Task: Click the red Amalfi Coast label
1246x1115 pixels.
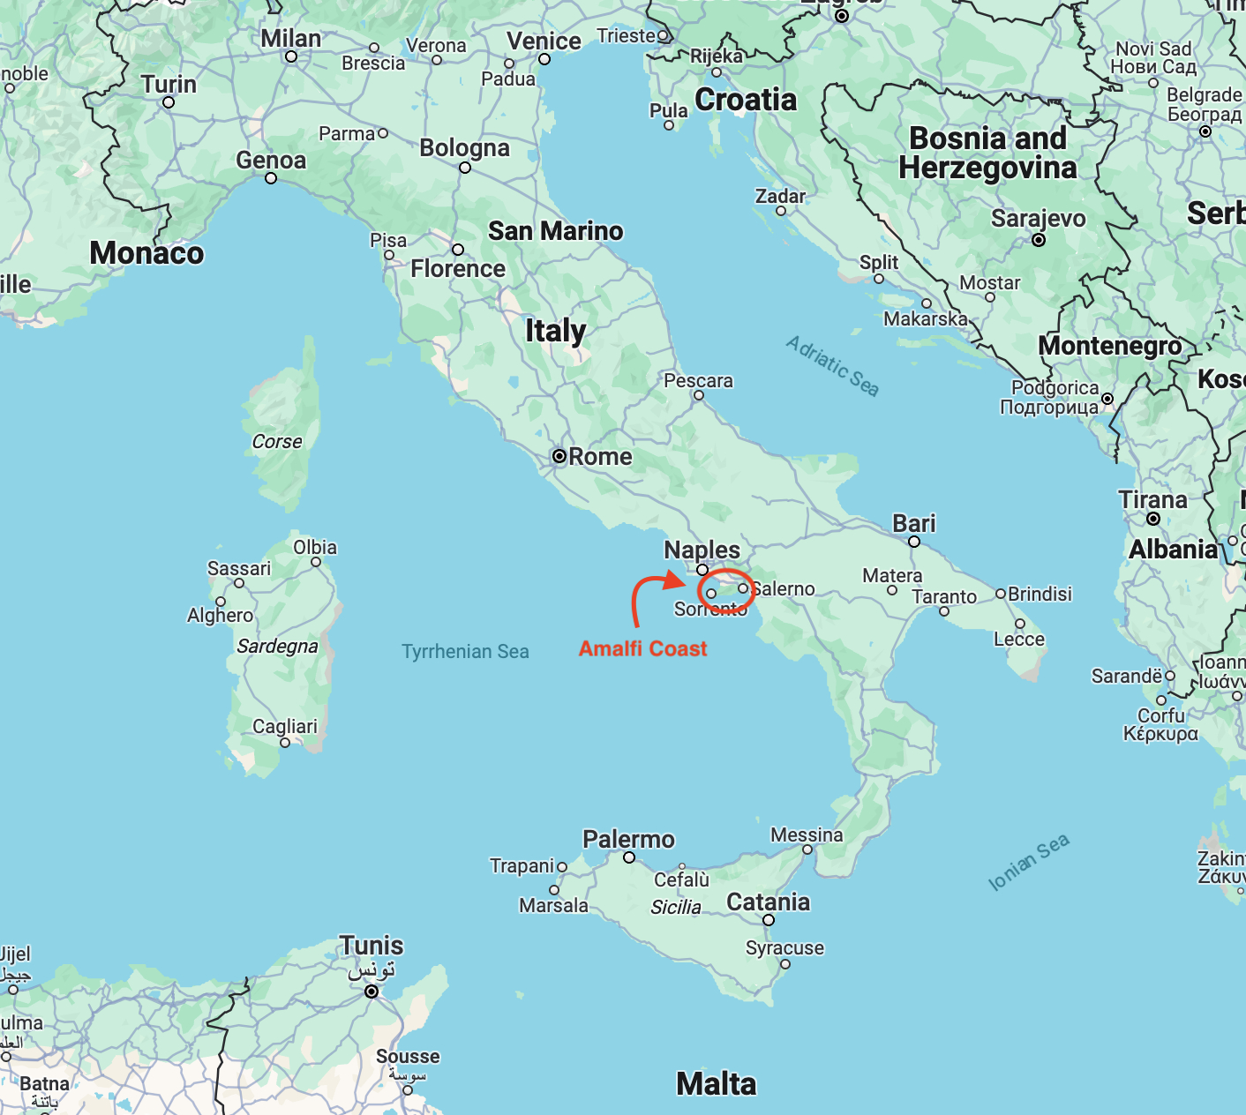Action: click(x=642, y=648)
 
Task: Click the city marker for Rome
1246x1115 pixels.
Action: click(x=559, y=456)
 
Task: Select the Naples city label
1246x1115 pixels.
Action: click(x=702, y=550)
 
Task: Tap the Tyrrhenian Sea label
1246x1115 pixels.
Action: click(x=465, y=652)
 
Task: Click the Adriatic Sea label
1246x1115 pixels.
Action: click(x=832, y=366)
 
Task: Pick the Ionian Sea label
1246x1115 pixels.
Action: click(x=1028, y=861)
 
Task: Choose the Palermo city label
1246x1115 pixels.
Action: click(x=628, y=839)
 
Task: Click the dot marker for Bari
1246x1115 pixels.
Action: click(x=914, y=542)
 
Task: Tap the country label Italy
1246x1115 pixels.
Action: click(x=555, y=331)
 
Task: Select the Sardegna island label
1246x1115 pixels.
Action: click(x=277, y=646)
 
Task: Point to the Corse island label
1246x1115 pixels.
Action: click(x=277, y=441)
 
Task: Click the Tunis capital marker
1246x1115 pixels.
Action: click(x=372, y=992)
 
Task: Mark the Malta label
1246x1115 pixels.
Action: click(x=716, y=1083)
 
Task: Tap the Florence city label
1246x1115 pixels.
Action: click(x=458, y=269)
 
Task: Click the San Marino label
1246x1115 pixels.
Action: click(x=555, y=231)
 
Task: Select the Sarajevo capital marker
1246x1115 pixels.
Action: click(x=1039, y=240)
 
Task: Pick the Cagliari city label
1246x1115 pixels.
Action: click(x=284, y=726)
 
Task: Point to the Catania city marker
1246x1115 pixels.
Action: click(x=769, y=920)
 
